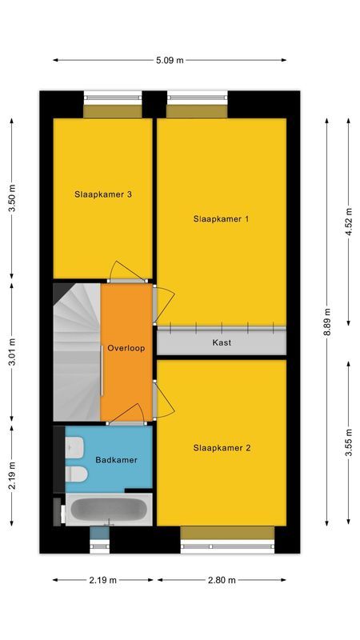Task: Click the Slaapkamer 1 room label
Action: (222, 218)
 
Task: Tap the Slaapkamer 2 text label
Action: (222, 448)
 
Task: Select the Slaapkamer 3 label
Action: (102, 193)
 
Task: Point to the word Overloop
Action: (126, 349)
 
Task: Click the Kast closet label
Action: (222, 342)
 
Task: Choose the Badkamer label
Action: (116, 460)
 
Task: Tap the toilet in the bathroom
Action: (77, 474)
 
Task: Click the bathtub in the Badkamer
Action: (108, 510)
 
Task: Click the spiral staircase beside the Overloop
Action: (77, 350)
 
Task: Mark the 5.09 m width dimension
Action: (170, 60)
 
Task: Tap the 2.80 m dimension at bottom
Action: (222, 580)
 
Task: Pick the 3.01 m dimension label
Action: (11, 352)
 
